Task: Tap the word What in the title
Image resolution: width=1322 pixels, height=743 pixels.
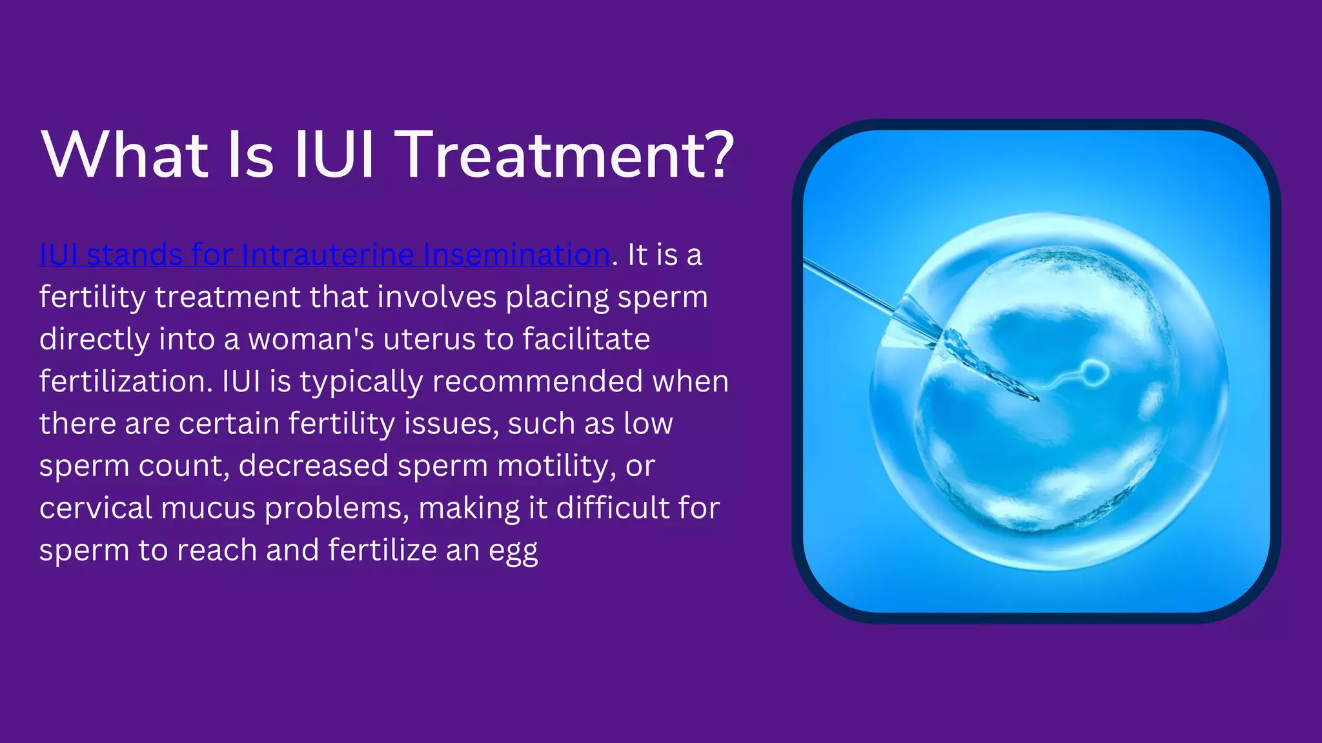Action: pos(125,155)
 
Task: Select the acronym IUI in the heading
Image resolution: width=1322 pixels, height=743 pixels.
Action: pos(334,155)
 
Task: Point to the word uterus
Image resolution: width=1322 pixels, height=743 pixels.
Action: pos(429,339)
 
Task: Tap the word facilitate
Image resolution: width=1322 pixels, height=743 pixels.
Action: pos(586,339)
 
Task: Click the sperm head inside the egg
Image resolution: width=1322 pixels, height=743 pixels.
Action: pos(1093,373)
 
